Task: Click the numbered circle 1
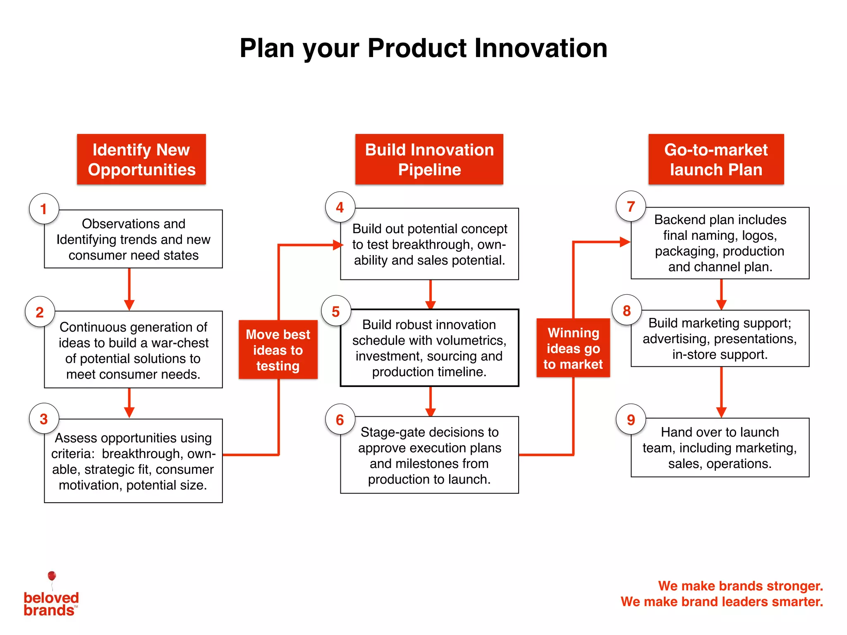pyautogui.click(x=44, y=209)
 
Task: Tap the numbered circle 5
pyautogui.click(x=336, y=311)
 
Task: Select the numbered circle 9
pyautogui.click(x=631, y=419)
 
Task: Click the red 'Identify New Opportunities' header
pyautogui.click(x=141, y=159)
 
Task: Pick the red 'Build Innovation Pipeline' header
pyautogui.click(x=429, y=159)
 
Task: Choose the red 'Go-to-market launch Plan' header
pyautogui.click(x=716, y=159)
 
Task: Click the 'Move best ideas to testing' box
pyautogui.click(x=278, y=350)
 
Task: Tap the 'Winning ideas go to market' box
pyautogui.click(x=573, y=348)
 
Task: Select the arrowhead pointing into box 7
pyautogui.click(x=624, y=242)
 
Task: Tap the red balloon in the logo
pyautogui.click(x=52, y=576)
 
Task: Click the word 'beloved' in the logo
pyautogui.click(x=51, y=597)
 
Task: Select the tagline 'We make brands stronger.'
pyautogui.click(x=740, y=586)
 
